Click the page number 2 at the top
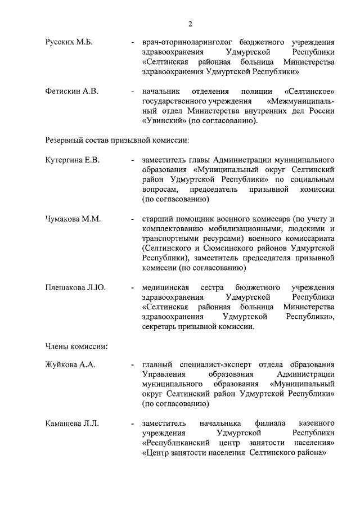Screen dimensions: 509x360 click(190, 24)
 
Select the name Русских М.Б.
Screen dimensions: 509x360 click(69, 43)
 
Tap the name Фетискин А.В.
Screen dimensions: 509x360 click(71, 91)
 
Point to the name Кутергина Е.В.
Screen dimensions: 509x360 click(73, 160)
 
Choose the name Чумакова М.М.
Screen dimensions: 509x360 click(73, 219)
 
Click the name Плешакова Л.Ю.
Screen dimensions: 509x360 click(75, 287)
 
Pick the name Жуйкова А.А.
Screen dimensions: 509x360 click(70, 365)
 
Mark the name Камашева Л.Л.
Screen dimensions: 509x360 click(72, 423)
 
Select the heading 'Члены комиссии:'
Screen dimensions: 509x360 click(73, 345)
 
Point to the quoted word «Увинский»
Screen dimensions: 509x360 click(161, 120)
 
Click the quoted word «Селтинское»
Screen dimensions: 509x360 click(310, 91)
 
